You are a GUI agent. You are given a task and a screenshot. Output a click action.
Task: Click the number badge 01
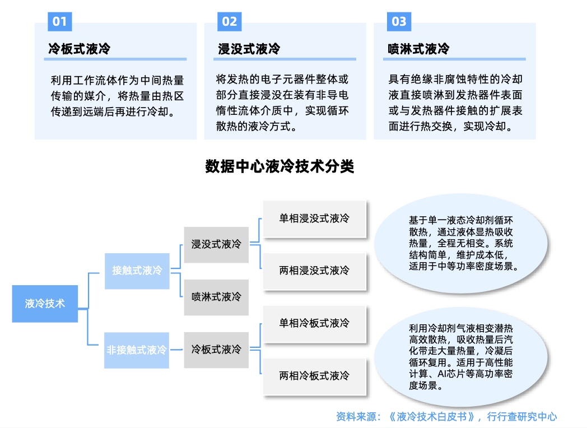click(59, 21)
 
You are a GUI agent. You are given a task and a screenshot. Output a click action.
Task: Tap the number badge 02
click(229, 21)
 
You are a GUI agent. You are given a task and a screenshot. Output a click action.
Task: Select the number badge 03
click(399, 21)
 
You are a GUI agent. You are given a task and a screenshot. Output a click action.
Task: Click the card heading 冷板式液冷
click(80, 49)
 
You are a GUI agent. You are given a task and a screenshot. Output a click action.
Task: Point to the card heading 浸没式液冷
click(249, 49)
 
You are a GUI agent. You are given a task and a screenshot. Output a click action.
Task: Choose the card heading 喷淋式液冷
click(418, 49)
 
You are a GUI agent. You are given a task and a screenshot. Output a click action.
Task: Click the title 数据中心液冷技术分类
click(279, 166)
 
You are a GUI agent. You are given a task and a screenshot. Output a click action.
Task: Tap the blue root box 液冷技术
click(45, 304)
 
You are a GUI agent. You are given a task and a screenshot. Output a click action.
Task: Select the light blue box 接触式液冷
click(137, 271)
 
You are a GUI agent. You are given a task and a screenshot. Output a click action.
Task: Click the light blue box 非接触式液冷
click(137, 350)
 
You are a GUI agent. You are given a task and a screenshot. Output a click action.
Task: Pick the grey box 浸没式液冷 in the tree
click(216, 244)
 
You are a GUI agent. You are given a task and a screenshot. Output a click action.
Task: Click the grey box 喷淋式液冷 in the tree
click(216, 296)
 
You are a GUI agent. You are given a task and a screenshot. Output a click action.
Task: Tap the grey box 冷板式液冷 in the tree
click(216, 350)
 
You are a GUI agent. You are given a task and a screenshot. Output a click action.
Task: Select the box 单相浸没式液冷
click(314, 218)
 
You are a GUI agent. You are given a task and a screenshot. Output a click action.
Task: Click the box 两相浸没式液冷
click(314, 271)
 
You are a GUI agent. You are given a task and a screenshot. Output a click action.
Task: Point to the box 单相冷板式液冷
click(314, 323)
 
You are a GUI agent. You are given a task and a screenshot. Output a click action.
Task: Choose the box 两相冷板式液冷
click(314, 375)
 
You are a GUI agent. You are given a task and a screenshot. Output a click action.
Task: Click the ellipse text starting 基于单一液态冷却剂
click(461, 243)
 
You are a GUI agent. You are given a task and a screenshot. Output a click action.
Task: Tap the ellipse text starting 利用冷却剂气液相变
click(461, 356)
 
